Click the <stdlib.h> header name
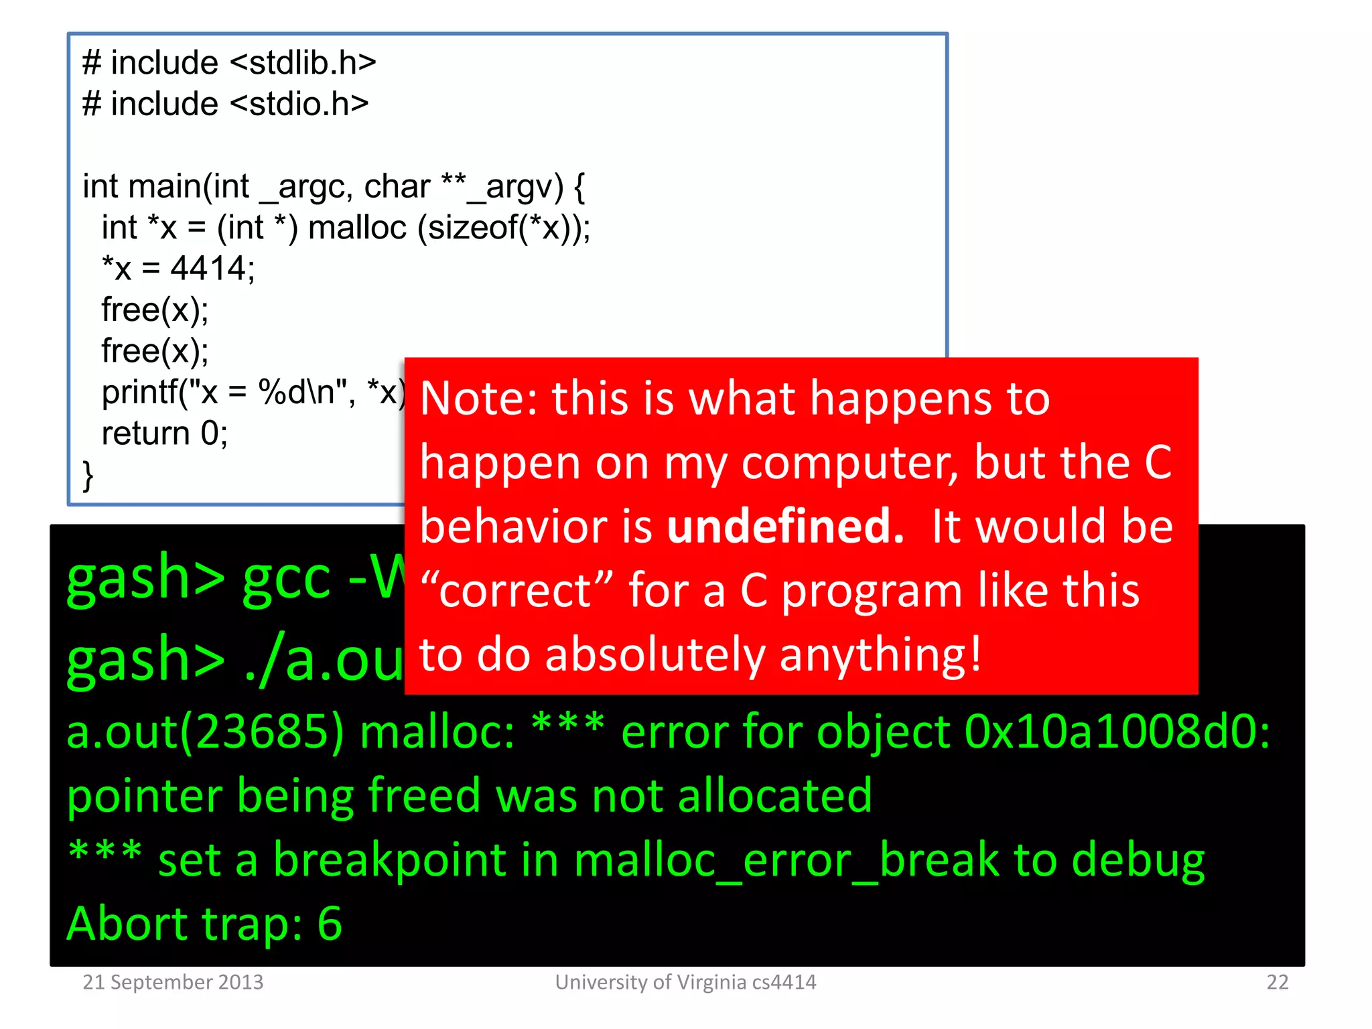click(x=303, y=63)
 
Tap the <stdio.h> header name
click(x=299, y=104)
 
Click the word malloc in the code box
click(x=357, y=228)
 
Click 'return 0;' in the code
click(x=164, y=433)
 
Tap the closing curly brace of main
click(x=88, y=476)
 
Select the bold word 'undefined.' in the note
click(x=785, y=526)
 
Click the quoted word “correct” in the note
click(x=516, y=591)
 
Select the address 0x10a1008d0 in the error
click(x=1116, y=732)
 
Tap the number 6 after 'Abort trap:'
click(x=329, y=924)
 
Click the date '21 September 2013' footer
click(x=173, y=982)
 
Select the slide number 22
click(x=1277, y=982)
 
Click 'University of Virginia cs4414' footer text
click(x=685, y=982)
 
